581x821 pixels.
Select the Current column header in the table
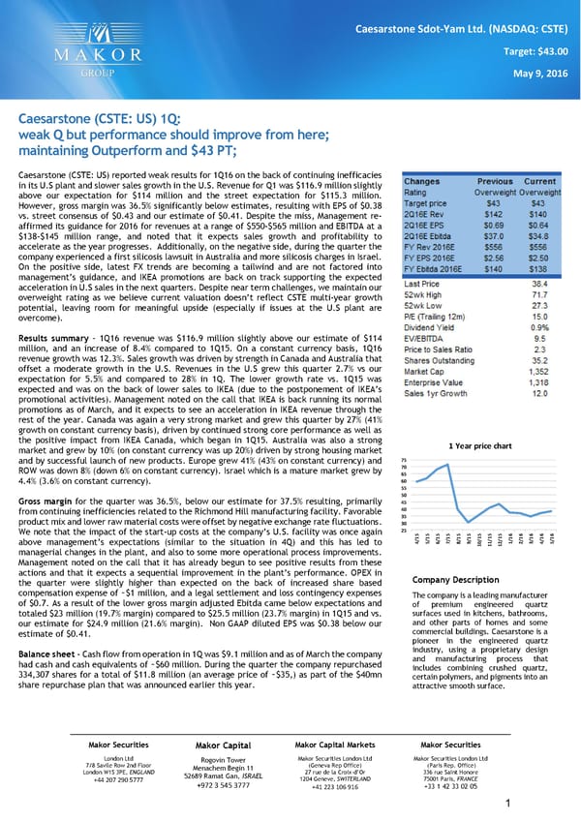[539, 180]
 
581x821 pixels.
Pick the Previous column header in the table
[494, 180]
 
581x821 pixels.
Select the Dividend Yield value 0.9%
[543, 326]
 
